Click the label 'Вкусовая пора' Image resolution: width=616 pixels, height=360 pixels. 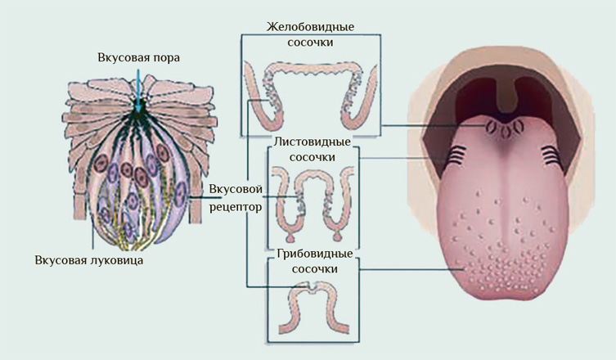coord(138,58)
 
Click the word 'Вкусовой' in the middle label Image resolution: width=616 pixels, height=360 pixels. coord(236,190)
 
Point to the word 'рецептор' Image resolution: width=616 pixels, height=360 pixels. coord(236,207)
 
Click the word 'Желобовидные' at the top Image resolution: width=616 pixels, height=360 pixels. coord(311,26)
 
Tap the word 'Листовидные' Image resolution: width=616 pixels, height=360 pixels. coord(312,142)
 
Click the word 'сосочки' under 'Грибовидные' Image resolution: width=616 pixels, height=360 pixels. coord(312,268)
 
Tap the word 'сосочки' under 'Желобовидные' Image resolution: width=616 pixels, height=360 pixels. coord(311,42)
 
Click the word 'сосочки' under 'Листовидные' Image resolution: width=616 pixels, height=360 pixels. coord(312,157)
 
